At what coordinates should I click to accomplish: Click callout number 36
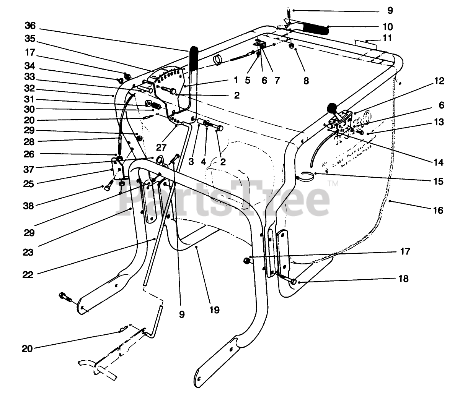(x=30, y=26)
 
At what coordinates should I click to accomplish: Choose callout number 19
(x=215, y=309)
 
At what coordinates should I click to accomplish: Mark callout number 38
(x=29, y=206)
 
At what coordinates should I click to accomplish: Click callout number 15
(x=439, y=181)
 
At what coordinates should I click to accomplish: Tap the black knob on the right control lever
(x=331, y=109)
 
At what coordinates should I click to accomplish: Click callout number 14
(x=439, y=162)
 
